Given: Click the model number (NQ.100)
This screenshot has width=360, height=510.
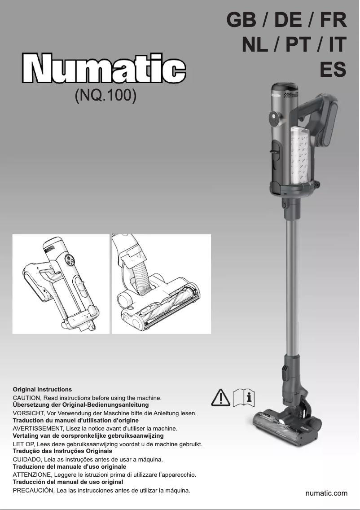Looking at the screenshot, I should click(x=105, y=96).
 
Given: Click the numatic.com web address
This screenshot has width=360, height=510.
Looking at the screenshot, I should click(x=326, y=493).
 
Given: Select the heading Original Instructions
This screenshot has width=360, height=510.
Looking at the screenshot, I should click(x=42, y=389).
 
